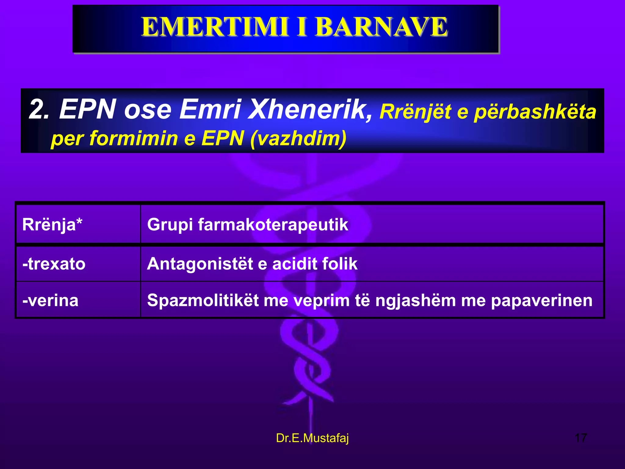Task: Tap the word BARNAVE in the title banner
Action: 381,27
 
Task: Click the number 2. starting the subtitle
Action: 39,109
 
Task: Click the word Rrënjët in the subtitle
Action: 415,112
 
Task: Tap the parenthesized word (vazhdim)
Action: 298,138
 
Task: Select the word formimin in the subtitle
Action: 134,138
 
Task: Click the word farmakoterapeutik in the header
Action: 273,225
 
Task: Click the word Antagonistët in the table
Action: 200,264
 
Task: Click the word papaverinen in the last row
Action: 542,300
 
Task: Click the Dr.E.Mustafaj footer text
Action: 312,438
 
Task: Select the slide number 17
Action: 580,438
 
